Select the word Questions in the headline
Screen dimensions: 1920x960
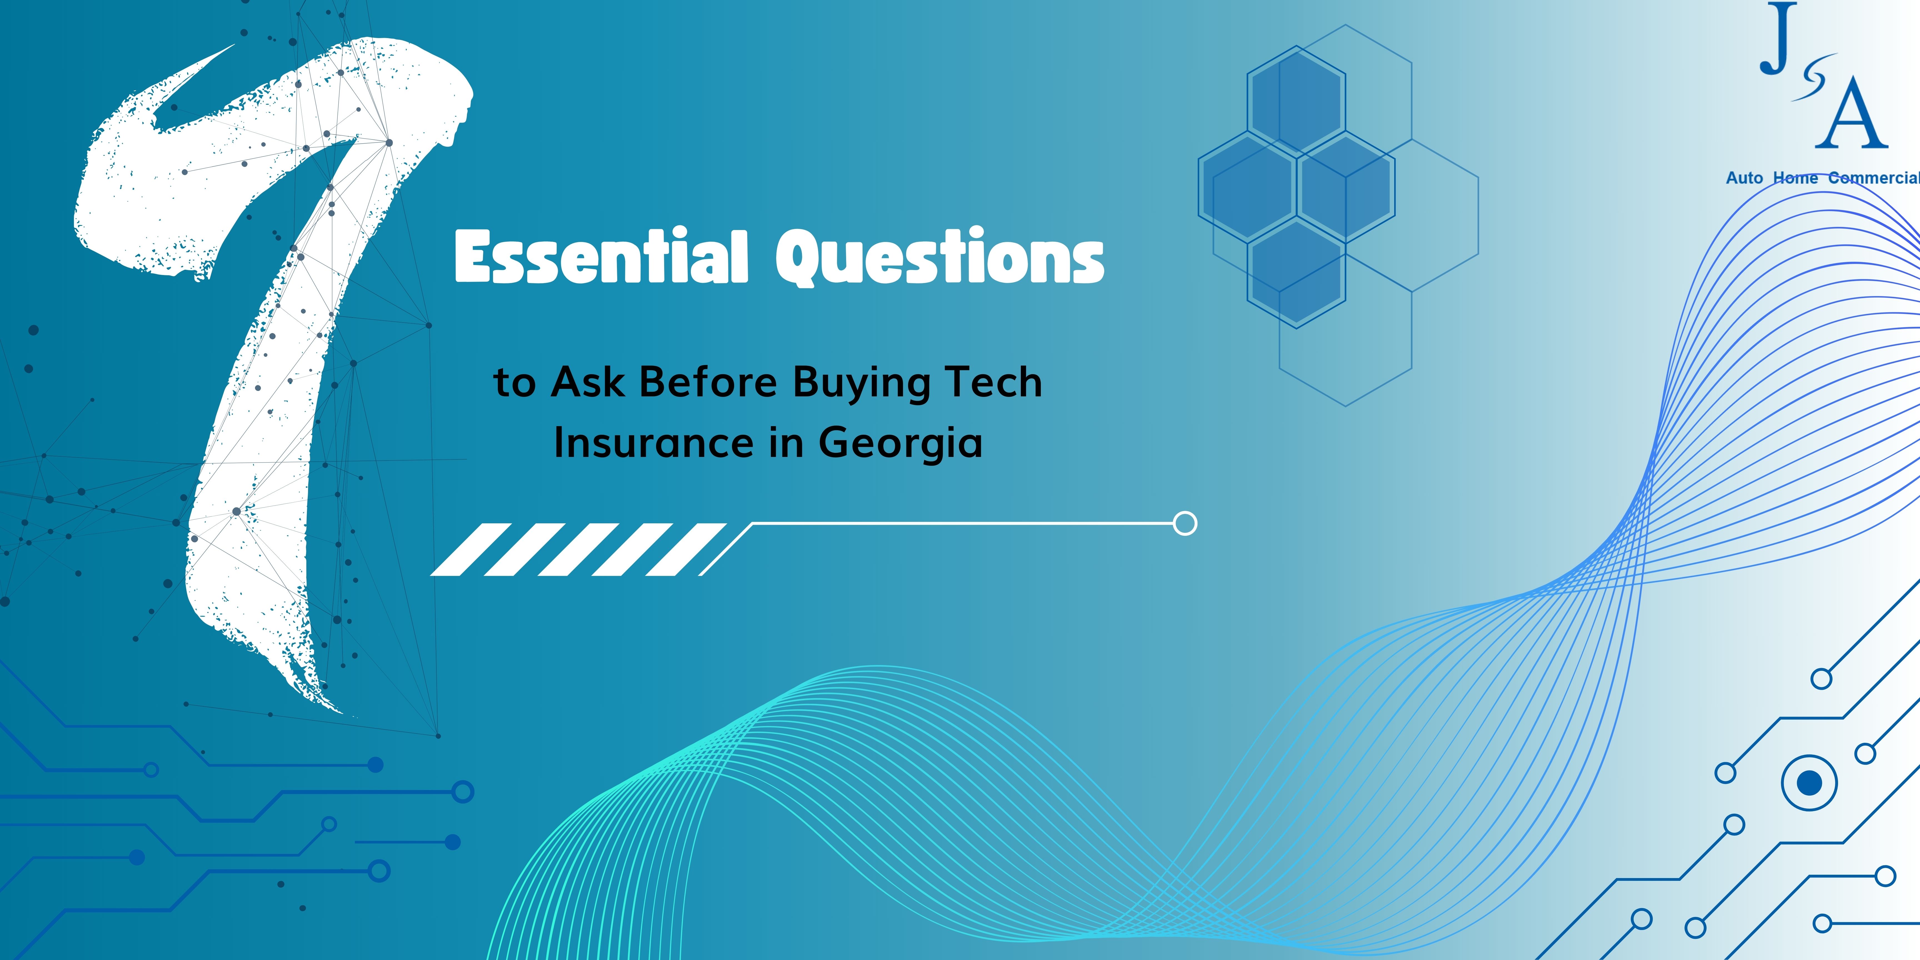[x=940, y=257]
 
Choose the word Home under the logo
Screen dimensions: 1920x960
[x=1796, y=178]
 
